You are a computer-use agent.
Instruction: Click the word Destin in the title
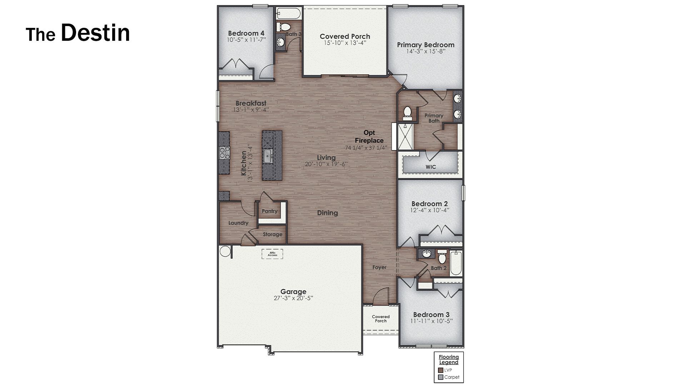coord(95,33)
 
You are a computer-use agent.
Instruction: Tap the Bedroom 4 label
coord(246,34)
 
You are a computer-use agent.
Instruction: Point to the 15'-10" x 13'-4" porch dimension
coord(345,43)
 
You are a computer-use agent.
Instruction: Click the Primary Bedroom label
coord(426,45)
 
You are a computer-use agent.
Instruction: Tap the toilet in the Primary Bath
coord(407,113)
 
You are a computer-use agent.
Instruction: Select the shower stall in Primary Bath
coord(406,137)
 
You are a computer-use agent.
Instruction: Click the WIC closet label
coord(431,167)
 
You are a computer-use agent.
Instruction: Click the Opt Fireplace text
coord(369,137)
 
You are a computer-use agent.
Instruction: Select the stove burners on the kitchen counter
coord(224,153)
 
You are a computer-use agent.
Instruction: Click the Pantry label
coord(269,211)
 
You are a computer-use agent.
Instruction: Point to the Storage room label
coord(273,234)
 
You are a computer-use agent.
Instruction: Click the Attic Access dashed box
coord(272,254)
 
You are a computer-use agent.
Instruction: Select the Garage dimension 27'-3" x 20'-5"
coord(293,298)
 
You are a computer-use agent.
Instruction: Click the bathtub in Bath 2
coord(456,263)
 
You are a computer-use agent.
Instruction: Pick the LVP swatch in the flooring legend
coord(441,370)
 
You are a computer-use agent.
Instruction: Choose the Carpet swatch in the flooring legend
coord(441,377)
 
